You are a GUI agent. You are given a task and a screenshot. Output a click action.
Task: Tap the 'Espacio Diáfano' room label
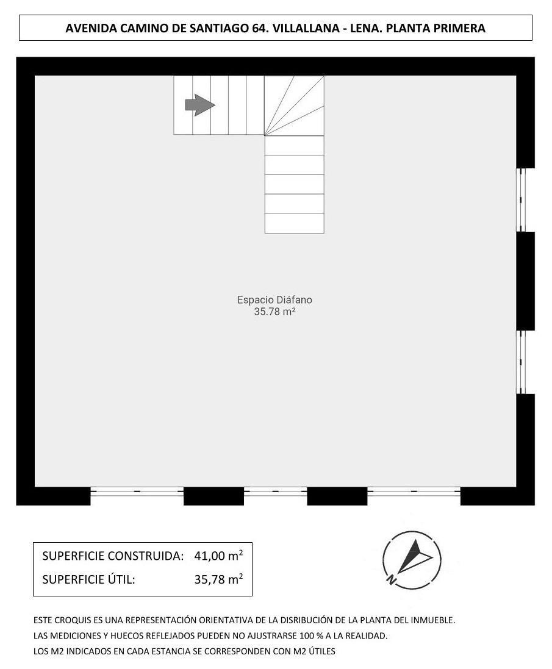click(x=274, y=300)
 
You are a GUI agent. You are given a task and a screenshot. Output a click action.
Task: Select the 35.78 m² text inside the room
click(x=274, y=312)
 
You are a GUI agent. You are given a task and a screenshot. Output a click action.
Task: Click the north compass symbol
click(x=412, y=559)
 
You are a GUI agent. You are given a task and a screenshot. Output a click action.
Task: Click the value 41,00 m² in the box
click(x=218, y=556)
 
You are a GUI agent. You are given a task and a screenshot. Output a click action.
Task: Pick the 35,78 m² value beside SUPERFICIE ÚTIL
click(x=218, y=579)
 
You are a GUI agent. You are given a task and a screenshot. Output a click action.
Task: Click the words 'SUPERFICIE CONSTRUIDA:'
click(x=113, y=556)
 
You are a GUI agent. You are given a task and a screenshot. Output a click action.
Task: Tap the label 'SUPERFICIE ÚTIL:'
click(x=88, y=579)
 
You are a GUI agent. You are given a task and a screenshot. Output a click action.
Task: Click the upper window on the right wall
click(x=521, y=199)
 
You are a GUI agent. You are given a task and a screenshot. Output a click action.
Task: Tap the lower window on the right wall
click(x=521, y=362)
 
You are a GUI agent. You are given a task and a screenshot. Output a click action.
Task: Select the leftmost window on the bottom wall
click(x=137, y=492)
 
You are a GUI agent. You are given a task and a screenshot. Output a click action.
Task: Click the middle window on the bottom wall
click(x=276, y=492)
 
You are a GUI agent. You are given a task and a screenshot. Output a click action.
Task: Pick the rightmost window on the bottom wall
click(x=414, y=492)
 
